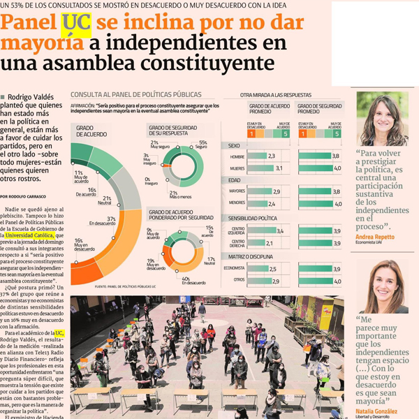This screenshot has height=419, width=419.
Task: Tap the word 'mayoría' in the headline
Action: (x=41, y=43)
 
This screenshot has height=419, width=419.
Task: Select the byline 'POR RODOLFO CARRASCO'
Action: (x=27, y=197)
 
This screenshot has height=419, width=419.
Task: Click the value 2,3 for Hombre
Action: (x=271, y=156)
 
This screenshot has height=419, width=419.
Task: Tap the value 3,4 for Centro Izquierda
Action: (x=280, y=230)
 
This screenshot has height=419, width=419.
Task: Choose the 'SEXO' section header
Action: (x=234, y=145)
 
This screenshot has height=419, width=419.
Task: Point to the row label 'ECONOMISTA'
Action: (x=233, y=268)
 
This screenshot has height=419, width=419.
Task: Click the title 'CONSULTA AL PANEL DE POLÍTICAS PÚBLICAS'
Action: (x=136, y=94)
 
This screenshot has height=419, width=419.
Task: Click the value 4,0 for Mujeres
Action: (x=337, y=168)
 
